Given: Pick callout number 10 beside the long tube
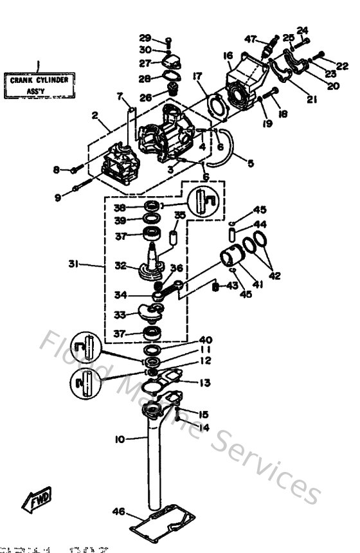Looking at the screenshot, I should (120, 439).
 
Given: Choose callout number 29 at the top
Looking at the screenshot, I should (145, 38).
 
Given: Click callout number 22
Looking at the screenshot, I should (342, 66).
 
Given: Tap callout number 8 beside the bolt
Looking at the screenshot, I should (57, 170).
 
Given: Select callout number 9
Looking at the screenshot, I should (58, 198).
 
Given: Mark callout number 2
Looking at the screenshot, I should (94, 116).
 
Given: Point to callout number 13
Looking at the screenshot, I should (204, 383).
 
